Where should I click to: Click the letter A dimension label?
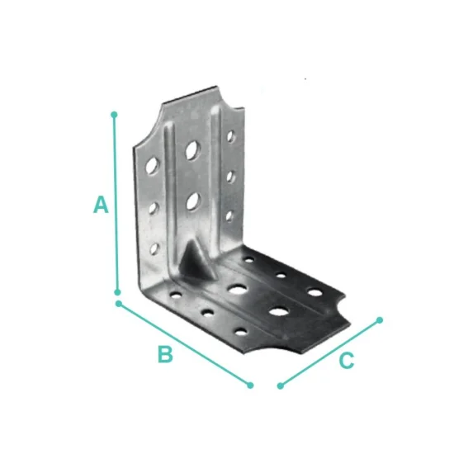101,205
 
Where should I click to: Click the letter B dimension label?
165,354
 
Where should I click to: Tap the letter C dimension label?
347,361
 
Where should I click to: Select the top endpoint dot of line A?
114,115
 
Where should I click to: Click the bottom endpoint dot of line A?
117,292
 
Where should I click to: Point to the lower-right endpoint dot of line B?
250,385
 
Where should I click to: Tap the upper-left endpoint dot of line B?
119,304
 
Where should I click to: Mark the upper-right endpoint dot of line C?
380,320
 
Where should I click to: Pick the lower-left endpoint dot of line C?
281,385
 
